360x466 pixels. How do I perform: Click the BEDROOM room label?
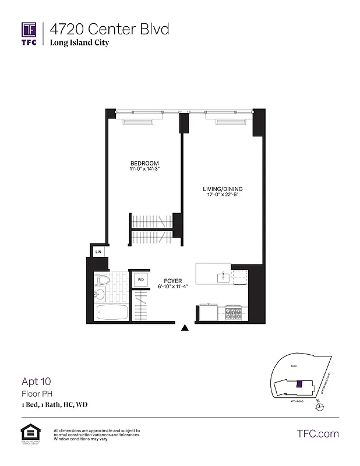(x=144, y=163)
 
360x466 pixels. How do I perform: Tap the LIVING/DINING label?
(x=223, y=189)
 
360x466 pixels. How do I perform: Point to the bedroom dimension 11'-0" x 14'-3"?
(x=144, y=170)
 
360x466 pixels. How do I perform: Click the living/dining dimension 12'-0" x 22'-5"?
(x=223, y=196)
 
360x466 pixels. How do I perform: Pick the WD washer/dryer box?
(x=140, y=280)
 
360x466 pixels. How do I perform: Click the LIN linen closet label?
(x=98, y=252)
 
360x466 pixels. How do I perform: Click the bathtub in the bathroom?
(x=112, y=313)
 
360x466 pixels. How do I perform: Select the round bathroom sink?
(x=100, y=295)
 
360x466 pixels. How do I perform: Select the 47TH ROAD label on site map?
(x=297, y=401)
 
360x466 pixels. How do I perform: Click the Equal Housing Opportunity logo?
(x=29, y=433)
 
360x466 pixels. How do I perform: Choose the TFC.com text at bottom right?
(x=317, y=433)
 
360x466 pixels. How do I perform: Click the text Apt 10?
(x=37, y=382)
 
